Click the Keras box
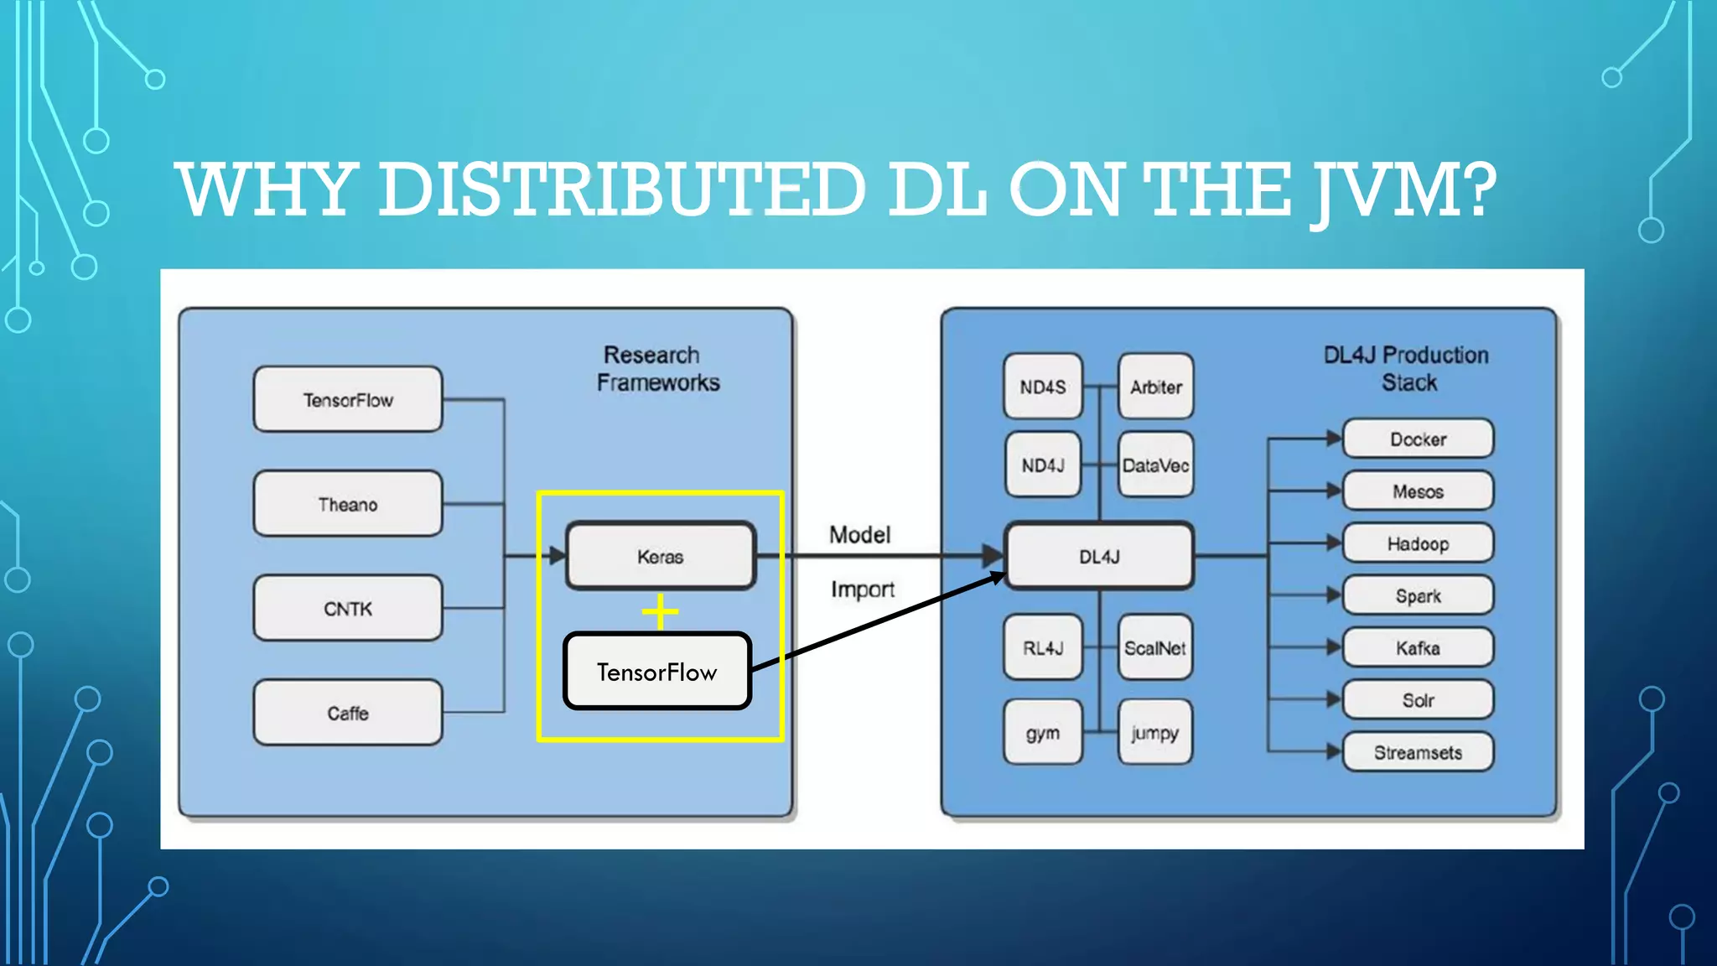pyautogui.click(x=661, y=556)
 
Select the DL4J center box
pyautogui.click(x=1099, y=556)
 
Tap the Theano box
pyautogui.click(x=348, y=504)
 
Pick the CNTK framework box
pyautogui.click(x=348, y=608)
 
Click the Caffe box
pyautogui.click(x=348, y=713)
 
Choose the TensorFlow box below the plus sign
pyautogui.click(x=657, y=672)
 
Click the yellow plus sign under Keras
pyautogui.click(x=661, y=611)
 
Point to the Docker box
pyautogui.click(x=1418, y=439)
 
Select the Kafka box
pyautogui.click(x=1418, y=647)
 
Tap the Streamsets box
pyautogui.click(x=1418, y=752)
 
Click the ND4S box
pyautogui.click(x=1043, y=387)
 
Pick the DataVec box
pyautogui.click(x=1155, y=465)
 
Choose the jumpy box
pyautogui.click(x=1154, y=732)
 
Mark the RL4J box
pyautogui.click(x=1043, y=647)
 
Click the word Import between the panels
pyautogui.click(x=862, y=589)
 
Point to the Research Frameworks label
pyautogui.click(x=657, y=368)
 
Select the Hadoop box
pyautogui.click(x=1418, y=543)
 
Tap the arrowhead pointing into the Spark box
pyautogui.click(x=1334, y=595)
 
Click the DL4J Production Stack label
pyautogui.click(x=1407, y=368)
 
